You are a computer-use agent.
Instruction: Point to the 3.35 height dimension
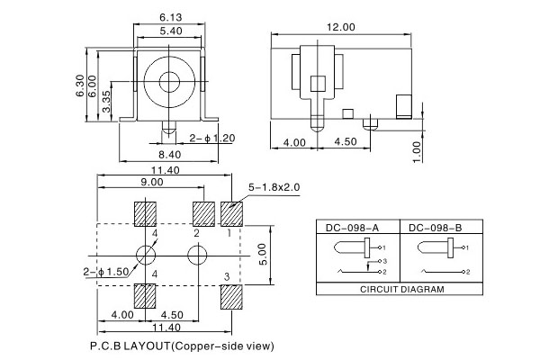pyautogui.click(x=107, y=102)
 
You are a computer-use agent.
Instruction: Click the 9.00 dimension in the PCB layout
pyautogui.click(x=151, y=183)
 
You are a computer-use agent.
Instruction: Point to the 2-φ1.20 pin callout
pyautogui.click(x=211, y=138)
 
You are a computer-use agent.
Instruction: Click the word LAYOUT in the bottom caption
pyautogui.click(x=146, y=345)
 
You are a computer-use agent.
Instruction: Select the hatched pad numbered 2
pyautogui.click(x=204, y=213)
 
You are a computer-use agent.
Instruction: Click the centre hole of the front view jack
pyautogui.click(x=170, y=81)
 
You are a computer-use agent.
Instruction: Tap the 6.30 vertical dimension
pyautogui.click(x=80, y=86)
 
